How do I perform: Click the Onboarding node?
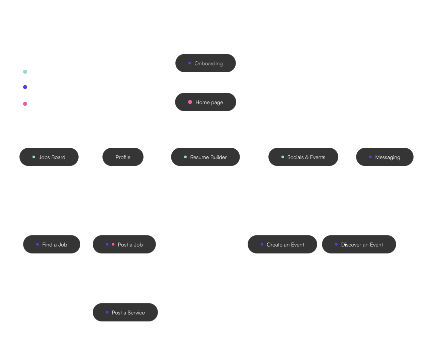[205, 63]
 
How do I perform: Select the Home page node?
[205, 102]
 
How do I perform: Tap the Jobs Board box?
[49, 157]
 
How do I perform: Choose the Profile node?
[123, 157]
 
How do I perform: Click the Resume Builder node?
[205, 157]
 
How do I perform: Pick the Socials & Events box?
[303, 157]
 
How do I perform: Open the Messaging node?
[384, 157]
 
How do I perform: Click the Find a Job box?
[52, 244]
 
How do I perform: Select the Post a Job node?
[124, 244]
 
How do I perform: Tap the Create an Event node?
[282, 244]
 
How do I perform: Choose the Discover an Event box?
[359, 244]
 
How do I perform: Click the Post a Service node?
[125, 312]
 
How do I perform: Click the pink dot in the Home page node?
[190, 102]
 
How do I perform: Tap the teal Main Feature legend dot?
[25, 72]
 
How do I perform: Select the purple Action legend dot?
[25, 87]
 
